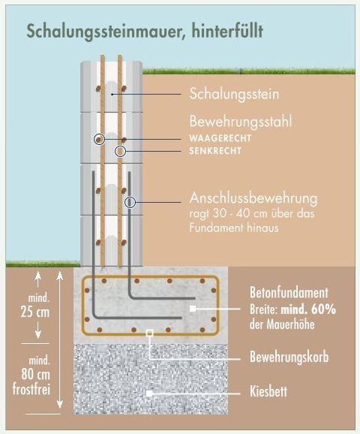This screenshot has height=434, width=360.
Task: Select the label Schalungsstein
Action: click(234, 94)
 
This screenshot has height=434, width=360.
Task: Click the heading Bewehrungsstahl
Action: click(241, 121)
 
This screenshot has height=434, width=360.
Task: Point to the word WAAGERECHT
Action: click(220, 138)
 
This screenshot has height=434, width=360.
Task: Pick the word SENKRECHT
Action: click(215, 151)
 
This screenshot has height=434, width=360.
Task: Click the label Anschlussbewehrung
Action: click(253, 198)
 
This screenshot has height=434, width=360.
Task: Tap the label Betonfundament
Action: click(289, 293)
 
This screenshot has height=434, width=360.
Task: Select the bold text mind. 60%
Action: click(308, 309)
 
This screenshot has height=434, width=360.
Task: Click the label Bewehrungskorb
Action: click(289, 357)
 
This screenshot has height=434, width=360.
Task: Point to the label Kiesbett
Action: click(268, 391)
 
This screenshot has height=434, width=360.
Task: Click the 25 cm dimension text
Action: click(35, 312)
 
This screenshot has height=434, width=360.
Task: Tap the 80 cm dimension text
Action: click(36, 375)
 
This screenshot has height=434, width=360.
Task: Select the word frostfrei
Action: click(31, 389)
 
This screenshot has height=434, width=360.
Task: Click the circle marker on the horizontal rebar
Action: click(99, 140)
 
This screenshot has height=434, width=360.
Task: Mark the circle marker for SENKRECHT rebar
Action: click(120, 152)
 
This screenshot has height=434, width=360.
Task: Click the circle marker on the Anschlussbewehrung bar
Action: click(130, 202)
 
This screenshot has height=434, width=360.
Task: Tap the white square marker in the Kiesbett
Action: click(149, 393)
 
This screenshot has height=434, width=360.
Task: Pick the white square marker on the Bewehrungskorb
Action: click(149, 333)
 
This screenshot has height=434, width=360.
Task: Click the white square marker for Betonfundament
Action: click(193, 309)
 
